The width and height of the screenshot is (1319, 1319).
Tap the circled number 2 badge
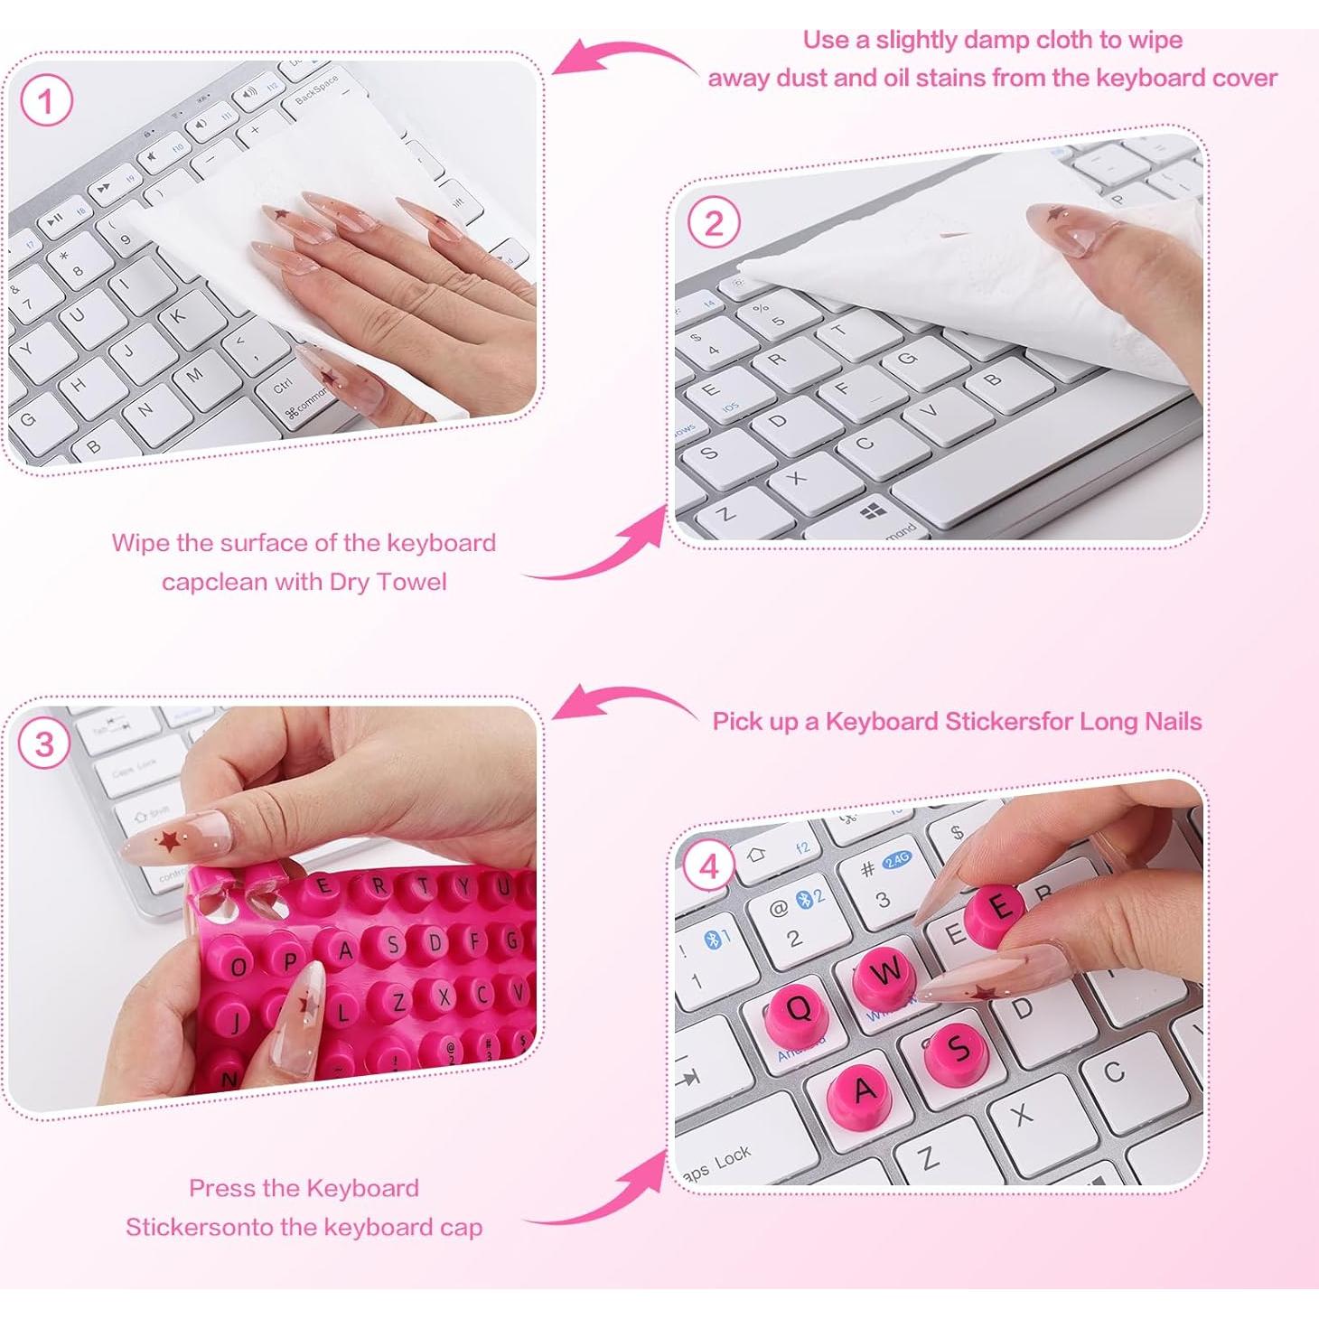coord(713,223)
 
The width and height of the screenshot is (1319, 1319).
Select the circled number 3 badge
coord(44,744)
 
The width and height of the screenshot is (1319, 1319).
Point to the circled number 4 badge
coord(709,867)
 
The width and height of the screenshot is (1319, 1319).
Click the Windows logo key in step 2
coord(874,512)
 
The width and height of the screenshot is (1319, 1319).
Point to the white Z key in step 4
coord(927,1156)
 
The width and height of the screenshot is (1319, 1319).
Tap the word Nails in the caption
coord(1173,722)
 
